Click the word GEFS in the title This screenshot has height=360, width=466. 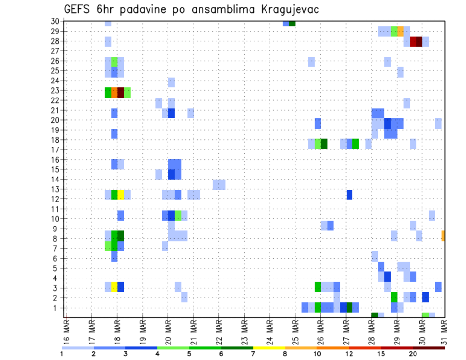click(x=77, y=9)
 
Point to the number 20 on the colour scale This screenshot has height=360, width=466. click(x=413, y=354)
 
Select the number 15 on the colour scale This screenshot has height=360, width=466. click(x=381, y=354)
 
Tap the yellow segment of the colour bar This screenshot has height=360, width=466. click(x=269, y=347)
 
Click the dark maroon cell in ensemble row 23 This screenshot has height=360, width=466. click(x=121, y=92)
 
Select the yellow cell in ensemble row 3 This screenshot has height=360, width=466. click(x=115, y=287)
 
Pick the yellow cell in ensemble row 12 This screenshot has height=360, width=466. click(x=121, y=195)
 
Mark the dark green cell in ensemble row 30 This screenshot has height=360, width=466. click(x=292, y=23)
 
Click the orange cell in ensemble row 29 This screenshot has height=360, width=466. click(x=400, y=32)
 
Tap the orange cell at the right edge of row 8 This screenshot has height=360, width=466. click(x=443, y=236)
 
